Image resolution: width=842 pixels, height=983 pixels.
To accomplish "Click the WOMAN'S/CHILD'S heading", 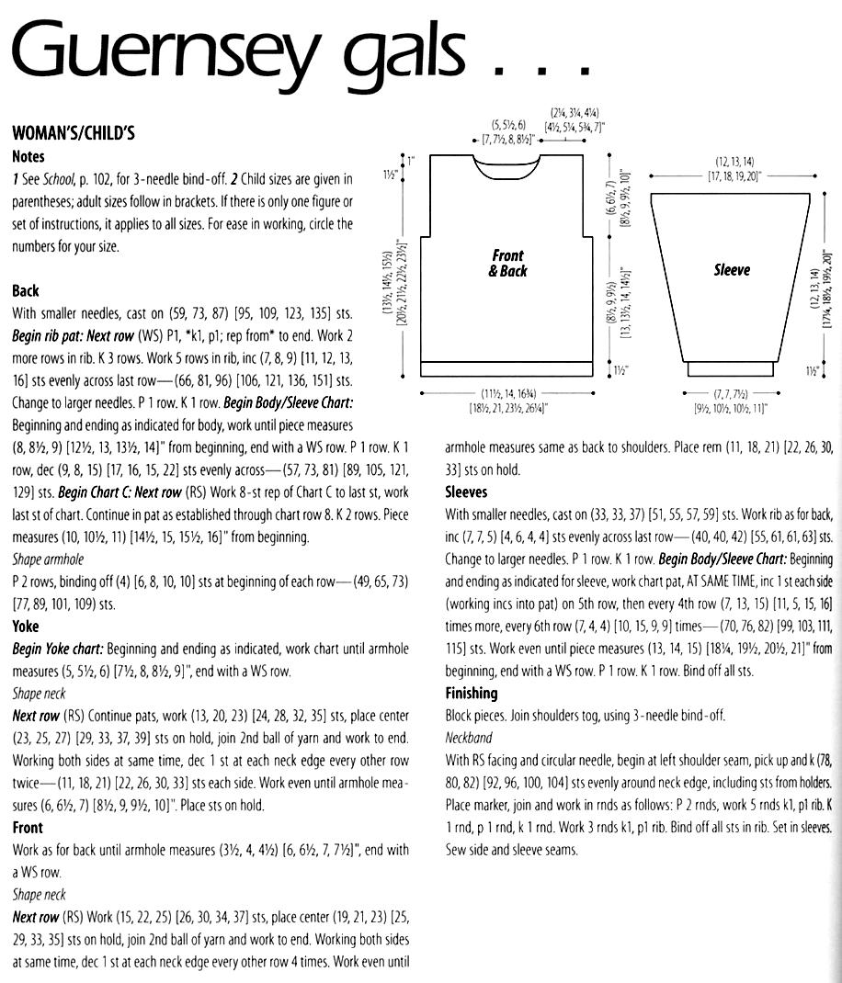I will point(74,133).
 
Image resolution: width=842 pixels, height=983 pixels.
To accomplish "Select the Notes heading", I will point(28,156).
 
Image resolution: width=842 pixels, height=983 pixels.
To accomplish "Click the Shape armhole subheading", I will point(47,559).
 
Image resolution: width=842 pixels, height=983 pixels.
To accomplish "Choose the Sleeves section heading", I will point(466,491).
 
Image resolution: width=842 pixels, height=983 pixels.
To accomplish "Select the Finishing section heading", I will point(471,693).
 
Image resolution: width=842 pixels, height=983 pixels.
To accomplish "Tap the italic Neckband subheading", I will point(468,737).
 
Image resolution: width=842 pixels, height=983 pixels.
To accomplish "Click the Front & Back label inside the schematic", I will point(506,263).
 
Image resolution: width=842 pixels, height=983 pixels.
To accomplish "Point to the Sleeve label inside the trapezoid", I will point(732,269).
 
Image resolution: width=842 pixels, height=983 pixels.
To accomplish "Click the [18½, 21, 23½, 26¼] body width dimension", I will point(508,407).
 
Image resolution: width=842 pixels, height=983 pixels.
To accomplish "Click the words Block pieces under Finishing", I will point(476,715).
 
